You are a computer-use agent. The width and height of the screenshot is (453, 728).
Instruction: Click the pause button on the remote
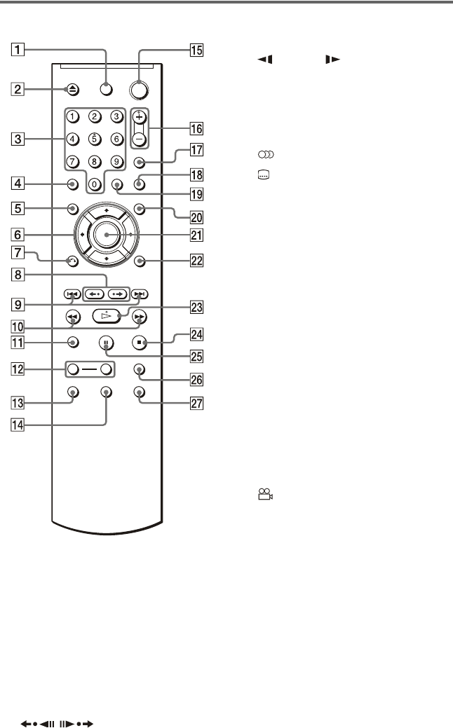pos(106,344)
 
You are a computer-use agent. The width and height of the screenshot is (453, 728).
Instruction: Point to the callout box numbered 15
pos(194,50)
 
